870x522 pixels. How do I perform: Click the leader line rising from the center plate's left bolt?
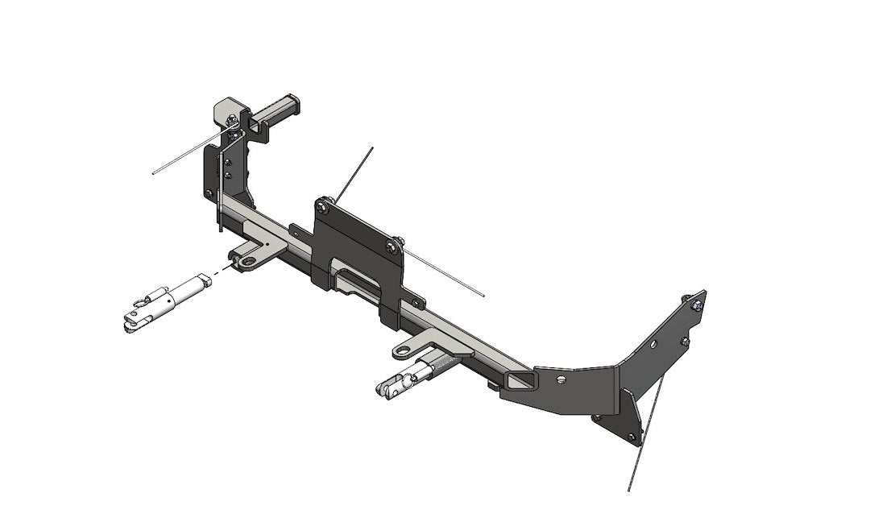(354, 173)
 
